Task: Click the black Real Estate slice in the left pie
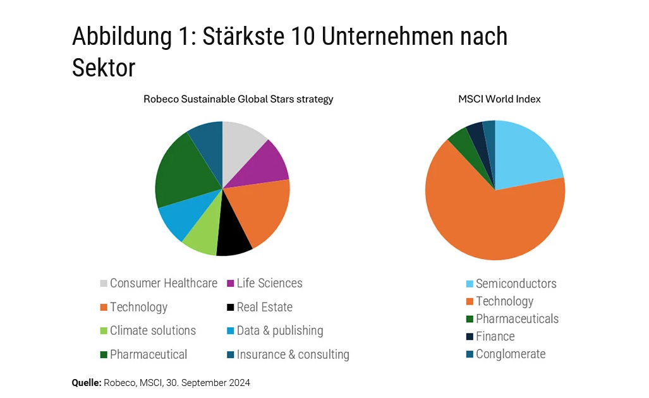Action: click(233, 239)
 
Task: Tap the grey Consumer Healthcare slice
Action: click(241, 142)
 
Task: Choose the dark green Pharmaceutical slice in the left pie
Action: click(180, 171)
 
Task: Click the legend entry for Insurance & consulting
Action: click(293, 354)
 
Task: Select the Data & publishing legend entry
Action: click(279, 330)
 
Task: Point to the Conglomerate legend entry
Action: click(510, 354)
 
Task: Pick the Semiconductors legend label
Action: click(516, 284)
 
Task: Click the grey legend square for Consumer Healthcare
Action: click(104, 284)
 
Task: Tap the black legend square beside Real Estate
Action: click(231, 308)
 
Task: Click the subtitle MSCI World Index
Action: click(499, 99)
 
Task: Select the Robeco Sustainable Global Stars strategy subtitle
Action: click(238, 99)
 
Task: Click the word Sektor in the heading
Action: click(104, 68)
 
